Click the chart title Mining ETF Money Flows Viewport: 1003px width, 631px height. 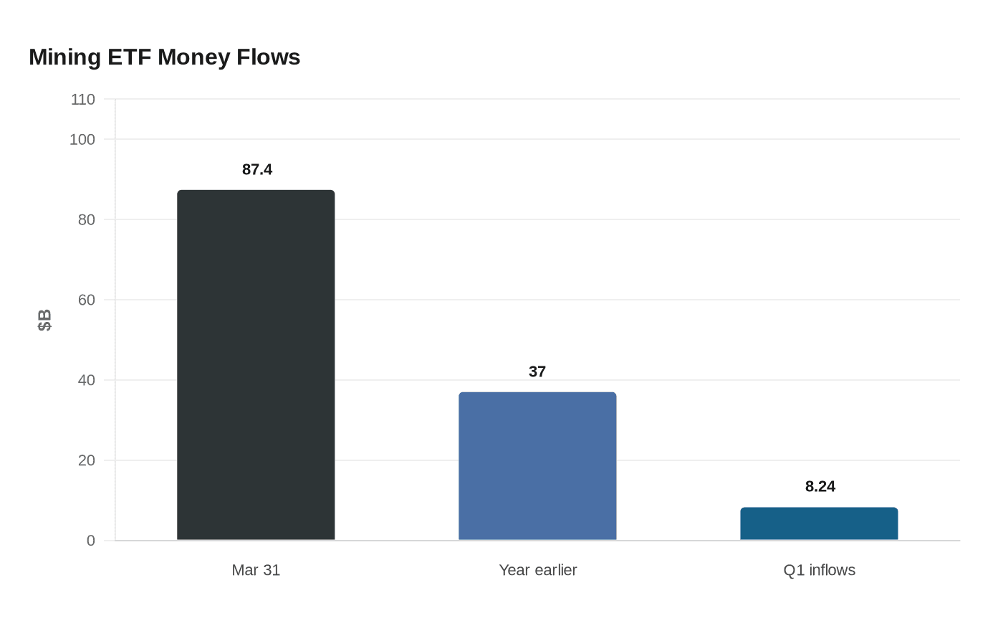tap(164, 57)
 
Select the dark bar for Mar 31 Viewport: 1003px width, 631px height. tap(256, 365)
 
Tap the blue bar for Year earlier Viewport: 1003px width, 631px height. tap(537, 466)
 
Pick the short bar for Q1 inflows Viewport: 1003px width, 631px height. tap(819, 524)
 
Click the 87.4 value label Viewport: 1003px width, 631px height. tap(257, 170)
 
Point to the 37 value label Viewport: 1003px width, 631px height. tap(537, 372)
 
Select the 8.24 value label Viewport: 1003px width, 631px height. tap(820, 487)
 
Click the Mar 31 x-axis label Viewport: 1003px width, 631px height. tap(256, 570)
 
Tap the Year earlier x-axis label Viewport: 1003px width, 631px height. tap(537, 570)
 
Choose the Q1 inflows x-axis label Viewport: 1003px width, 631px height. tap(819, 570)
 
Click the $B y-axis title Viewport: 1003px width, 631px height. tap(44, 321)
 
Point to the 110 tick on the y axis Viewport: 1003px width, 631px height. tap(83, 100)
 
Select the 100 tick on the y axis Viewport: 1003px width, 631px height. tap(82, 140)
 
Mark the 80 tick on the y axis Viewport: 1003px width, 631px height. tap(87, 220)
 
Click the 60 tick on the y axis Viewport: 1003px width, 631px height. tap(87, 300)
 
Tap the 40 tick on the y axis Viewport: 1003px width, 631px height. tap(87, 380)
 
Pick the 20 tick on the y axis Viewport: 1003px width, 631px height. tap(87, 460)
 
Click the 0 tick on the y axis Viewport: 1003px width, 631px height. tap(91, 541)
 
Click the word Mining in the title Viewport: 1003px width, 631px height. tap(64, 57)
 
